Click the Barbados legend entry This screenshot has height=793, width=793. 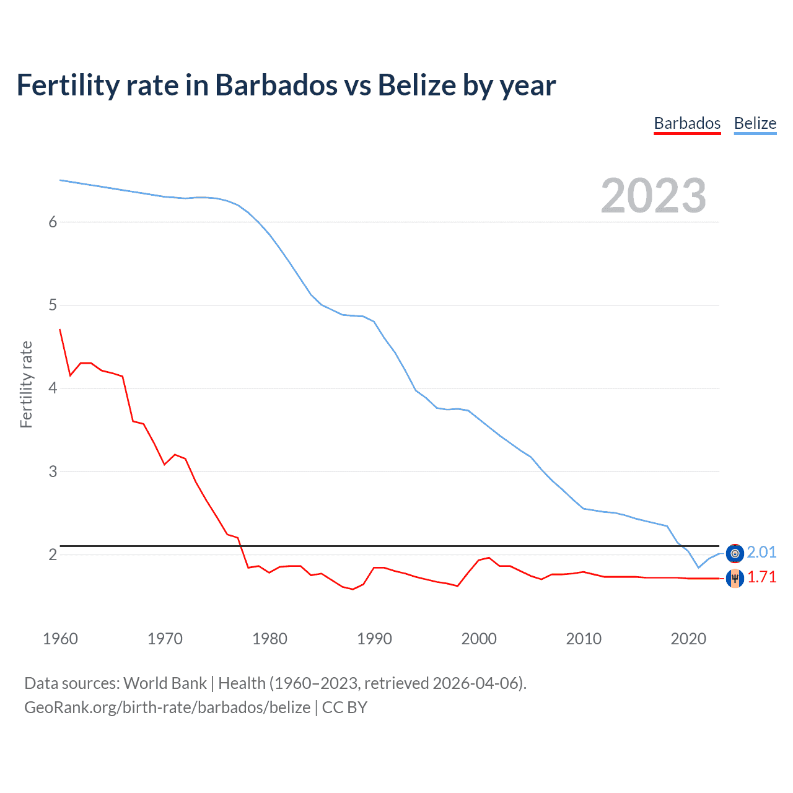[687, 123]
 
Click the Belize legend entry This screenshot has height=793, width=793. [755, 123]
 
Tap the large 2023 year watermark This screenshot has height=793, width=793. [653, 196]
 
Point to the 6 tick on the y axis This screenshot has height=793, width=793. [53, 222]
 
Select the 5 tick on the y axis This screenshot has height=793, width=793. [53, 305]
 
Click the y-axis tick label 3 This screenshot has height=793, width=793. [53, 471]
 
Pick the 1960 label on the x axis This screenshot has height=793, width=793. [60, 639]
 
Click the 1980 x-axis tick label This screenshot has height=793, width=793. [269, 639]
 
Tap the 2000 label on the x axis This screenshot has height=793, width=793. [479, 639]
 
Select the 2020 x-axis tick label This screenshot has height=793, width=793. [688, 639]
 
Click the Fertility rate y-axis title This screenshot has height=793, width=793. [26, 384]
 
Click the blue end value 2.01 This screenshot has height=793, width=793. [761, 552]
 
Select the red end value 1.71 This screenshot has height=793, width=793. [761, 577]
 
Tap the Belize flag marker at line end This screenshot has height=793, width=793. [735, 553]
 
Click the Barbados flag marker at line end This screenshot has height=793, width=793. [735, 578]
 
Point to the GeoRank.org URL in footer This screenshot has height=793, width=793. [167, 708]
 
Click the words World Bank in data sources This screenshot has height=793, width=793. [165, 683]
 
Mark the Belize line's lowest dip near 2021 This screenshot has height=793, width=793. [699, 567]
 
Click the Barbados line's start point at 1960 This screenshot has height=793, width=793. [60, 330]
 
